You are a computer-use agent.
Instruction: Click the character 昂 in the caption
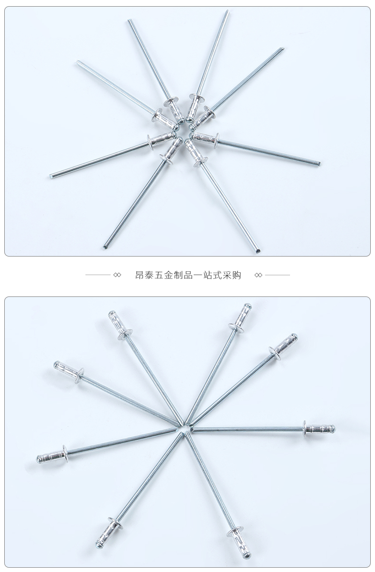[x=140, y=275]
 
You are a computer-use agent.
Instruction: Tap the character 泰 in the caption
[x=149, y=275]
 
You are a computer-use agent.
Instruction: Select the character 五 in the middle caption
[x=159, y=275]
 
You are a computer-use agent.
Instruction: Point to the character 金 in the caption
[x=169, y=275]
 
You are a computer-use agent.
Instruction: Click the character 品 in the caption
[x=188, y=275]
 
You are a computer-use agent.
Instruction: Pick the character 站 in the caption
[x=207, y=275]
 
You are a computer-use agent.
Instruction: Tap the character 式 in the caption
[x=217, y=275]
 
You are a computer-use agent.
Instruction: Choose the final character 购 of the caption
[x=236, y=275]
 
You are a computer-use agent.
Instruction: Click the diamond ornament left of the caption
[x=117, y=275]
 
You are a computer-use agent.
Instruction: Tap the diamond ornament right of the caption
[x=258, y=275]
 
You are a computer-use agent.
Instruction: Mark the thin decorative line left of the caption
[x=98, y=275]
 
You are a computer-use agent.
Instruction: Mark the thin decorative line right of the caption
[x=277, y=275]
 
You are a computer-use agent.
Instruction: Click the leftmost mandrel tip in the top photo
[x=51, y=176]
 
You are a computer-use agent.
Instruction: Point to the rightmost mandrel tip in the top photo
[x=319, y=164]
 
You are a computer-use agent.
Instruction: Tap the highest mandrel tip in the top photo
[x=227, y=11]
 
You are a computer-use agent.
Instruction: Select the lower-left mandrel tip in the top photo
[x=104, y=247]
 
